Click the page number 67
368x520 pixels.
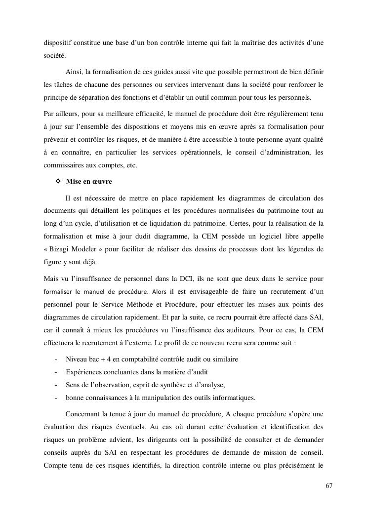[x=329, y=485]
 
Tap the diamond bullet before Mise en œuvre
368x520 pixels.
[x=57, y=181]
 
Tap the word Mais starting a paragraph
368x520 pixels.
[x=51, y=278]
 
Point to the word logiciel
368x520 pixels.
[x=257, y=236]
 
